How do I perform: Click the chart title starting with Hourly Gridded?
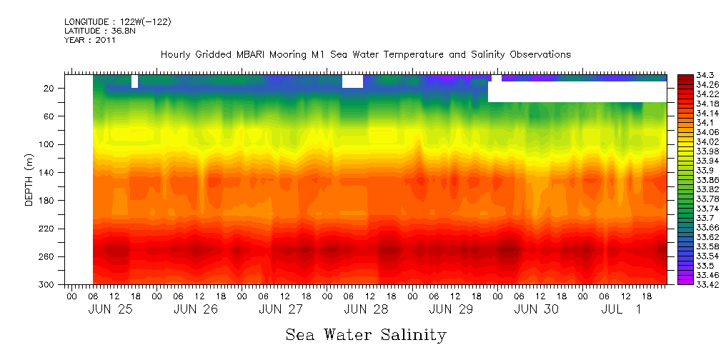point(366,55)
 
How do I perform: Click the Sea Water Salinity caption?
point(366,334)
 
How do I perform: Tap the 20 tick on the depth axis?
point(50,88)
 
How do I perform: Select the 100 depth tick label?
point(48,144)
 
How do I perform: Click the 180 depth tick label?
point(48,201)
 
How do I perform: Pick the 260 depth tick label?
point(48,256)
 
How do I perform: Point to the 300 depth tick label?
point(48,285)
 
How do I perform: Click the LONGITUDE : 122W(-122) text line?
point(118,22)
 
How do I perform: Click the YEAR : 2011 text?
point(90,41)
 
